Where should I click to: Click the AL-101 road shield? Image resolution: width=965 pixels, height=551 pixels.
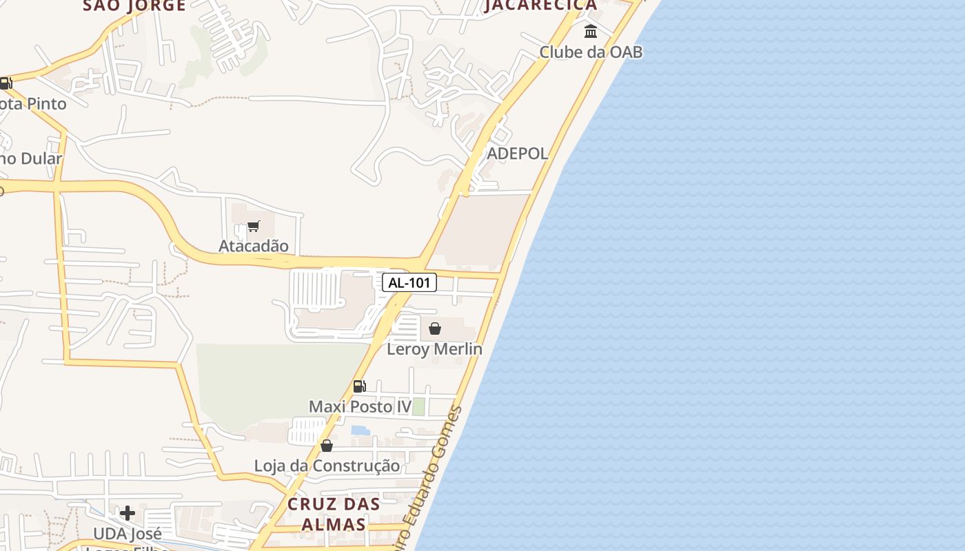409,282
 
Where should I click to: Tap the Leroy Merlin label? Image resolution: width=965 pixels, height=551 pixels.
434,349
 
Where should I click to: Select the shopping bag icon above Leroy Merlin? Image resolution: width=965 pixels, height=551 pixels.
435,329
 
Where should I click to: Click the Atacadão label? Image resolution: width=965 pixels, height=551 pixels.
254,246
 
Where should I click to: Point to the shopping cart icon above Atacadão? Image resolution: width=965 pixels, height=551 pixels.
254,226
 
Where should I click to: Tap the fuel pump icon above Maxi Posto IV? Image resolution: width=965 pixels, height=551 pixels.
359,386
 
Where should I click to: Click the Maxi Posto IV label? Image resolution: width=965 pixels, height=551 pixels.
360,406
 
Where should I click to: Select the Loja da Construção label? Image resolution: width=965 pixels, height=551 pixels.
327,466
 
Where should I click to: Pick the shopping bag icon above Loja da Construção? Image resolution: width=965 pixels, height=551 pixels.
327,446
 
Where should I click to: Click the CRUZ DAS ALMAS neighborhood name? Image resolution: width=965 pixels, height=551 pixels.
334,514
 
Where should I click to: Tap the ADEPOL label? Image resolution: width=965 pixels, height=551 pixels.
518,154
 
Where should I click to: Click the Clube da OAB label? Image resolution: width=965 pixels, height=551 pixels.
591,52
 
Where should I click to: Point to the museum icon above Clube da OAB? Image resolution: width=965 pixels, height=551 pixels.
591,32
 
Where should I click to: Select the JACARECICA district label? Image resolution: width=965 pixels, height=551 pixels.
540,6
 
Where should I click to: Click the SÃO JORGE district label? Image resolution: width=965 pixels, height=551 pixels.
134,6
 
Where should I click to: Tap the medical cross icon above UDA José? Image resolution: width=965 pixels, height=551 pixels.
128,513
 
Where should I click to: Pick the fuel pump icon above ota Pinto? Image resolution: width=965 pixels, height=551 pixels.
6,84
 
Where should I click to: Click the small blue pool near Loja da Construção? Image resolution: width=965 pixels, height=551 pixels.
360,430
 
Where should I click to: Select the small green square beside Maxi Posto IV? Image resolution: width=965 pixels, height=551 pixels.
418,406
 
